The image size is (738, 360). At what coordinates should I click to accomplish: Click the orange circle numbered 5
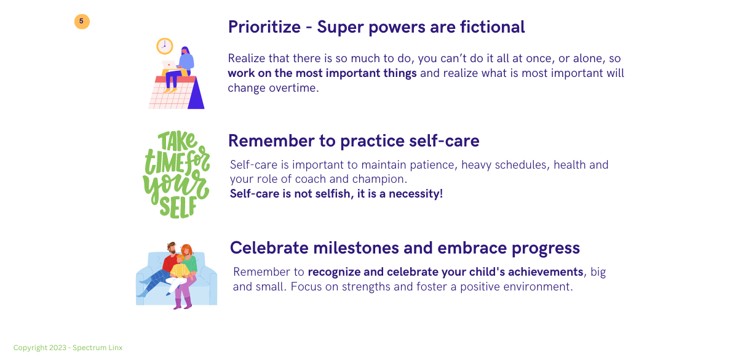(82, 22)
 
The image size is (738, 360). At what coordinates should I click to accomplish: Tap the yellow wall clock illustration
(165, 46)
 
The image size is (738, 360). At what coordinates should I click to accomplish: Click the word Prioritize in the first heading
(264, 27)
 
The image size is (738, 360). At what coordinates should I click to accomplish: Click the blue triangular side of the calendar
(196, 94)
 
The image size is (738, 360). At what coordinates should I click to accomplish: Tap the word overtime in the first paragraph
(294, 87)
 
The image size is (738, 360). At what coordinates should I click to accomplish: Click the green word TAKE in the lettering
(177, 141)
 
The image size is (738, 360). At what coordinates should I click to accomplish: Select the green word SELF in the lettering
(178, 207)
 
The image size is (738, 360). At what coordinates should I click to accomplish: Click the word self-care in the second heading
(444, 141)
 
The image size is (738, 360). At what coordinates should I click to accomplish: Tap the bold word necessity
(416, 194)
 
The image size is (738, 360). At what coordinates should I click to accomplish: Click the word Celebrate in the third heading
(269, 247)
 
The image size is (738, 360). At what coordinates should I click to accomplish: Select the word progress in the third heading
(546, 248)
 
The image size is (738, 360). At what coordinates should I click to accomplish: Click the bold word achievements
(546, 272)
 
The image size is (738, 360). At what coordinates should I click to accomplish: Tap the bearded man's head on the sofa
(172, 248)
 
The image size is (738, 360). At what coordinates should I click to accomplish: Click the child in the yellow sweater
(179, 274)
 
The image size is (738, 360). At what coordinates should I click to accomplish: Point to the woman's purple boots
(183, 303)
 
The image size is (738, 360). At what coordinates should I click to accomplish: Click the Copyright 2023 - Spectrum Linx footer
(68, 348)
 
